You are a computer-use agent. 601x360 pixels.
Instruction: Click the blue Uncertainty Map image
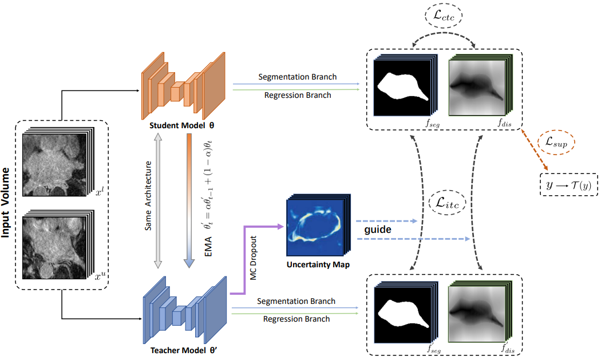point(314,226)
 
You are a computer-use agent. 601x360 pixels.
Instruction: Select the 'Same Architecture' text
point(149,203)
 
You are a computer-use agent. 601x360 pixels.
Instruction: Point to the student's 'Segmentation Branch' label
point(298,77)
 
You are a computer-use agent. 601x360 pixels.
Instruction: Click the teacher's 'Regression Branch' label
point(296,319)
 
